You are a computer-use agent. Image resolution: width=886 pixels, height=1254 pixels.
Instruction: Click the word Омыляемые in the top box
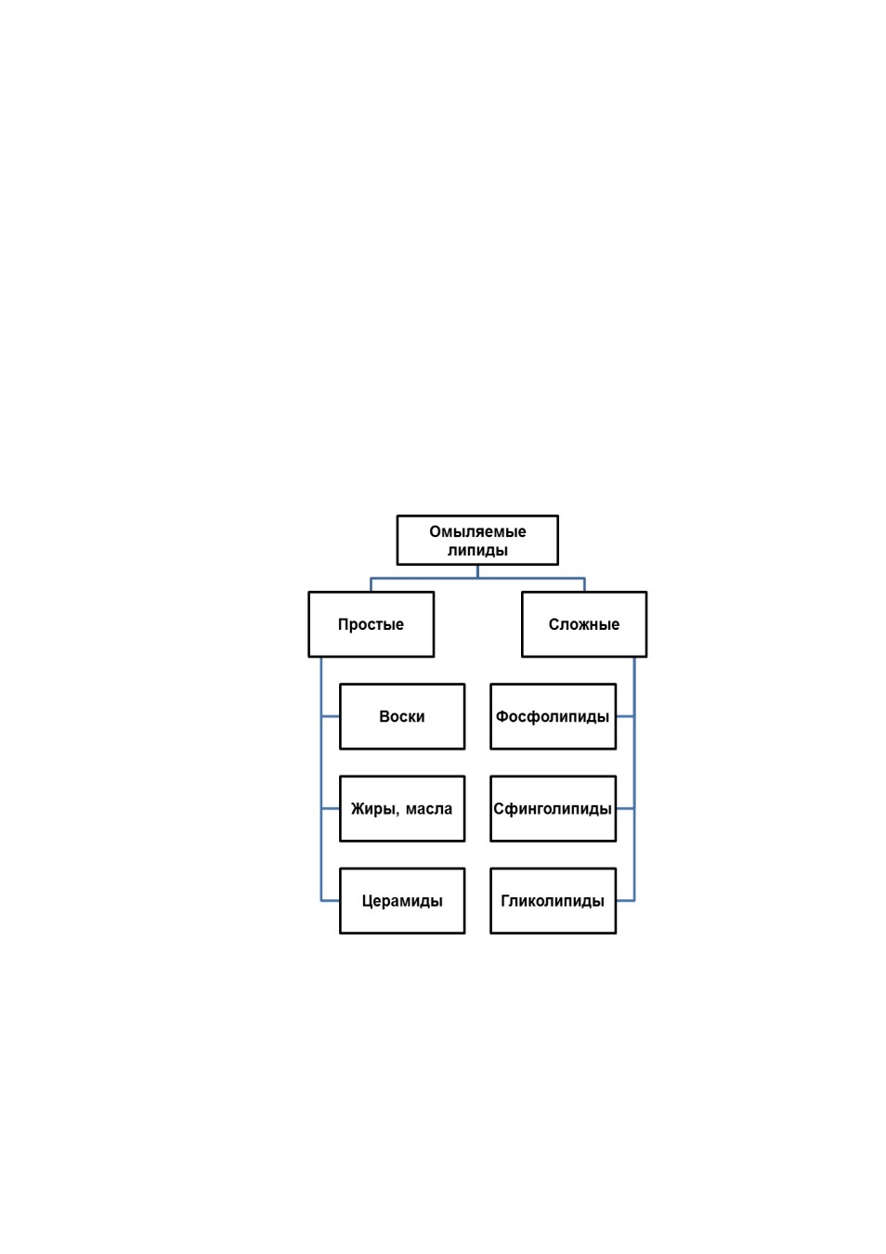(x=477, y=531)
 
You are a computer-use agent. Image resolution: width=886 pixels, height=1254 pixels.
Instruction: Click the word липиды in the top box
(x=477, y=550)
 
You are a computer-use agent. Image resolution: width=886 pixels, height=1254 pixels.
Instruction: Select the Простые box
(x=371, y=624)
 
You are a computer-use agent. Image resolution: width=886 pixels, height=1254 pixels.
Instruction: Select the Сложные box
(x=584, y=624)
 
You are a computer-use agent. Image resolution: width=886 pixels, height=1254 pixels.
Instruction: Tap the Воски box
(x=402, y=716)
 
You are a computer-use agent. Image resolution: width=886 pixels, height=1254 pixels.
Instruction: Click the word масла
(x=429, y=809)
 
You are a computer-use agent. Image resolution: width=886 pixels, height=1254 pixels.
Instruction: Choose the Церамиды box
(x=402, y=901)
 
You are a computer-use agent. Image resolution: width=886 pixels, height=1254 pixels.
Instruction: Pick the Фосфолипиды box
(x=553, y=716)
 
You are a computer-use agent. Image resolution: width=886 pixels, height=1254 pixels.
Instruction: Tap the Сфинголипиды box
(x=553, y=809)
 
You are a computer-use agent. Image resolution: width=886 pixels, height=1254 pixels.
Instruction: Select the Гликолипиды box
(x=553, y=901)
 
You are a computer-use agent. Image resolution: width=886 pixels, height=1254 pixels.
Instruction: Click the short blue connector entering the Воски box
(x=331, y=716)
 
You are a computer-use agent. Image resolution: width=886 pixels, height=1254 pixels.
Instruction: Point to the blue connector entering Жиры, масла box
(x=331, y=809)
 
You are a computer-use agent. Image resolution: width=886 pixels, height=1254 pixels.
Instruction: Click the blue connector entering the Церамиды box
(x=331, y=901)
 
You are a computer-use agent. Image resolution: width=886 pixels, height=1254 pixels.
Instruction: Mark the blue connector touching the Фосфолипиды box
(x=625, y=716)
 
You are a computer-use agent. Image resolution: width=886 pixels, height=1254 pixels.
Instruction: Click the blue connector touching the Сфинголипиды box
(x=625, y=809)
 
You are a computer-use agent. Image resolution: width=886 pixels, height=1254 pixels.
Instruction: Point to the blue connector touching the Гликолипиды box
(x=625, y=901)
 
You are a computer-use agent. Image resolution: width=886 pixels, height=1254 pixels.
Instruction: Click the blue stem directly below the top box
(x=477, y=571)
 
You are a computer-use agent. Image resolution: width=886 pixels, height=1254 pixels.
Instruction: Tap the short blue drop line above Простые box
(x=371, y=585)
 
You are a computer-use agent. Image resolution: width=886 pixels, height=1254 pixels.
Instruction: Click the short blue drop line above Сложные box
(x=584, y=585)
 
